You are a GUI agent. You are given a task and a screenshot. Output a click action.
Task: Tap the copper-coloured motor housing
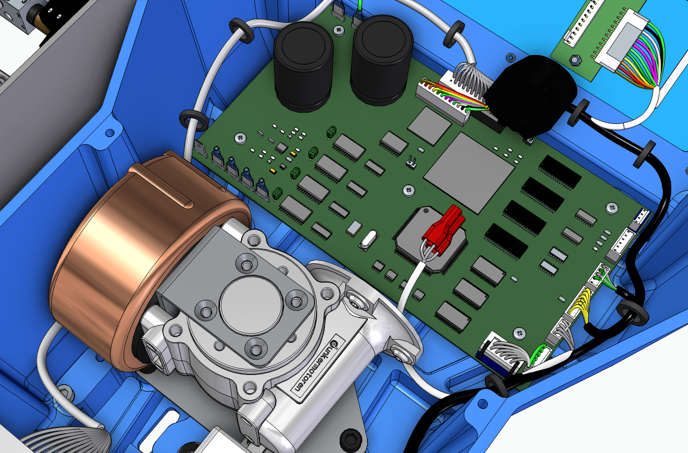pos(124,257)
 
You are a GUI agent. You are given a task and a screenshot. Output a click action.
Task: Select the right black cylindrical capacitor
pos(382,59)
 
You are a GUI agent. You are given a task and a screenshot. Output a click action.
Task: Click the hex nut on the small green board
pos(574,60)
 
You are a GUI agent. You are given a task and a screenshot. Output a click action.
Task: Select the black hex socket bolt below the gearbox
pos(351,439)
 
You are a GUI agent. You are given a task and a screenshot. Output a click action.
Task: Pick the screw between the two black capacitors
pos(339,30)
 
